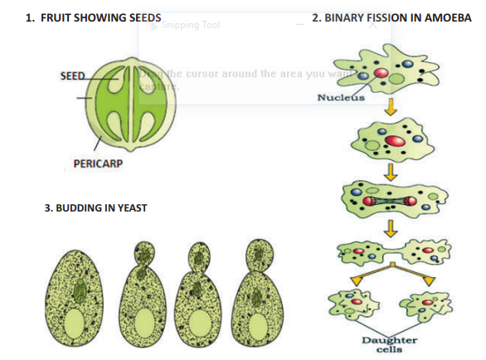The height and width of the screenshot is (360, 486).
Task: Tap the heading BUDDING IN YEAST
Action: [95, 207]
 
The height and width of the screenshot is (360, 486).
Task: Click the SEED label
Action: [72, 76]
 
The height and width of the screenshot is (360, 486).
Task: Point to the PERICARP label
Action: [92, 163]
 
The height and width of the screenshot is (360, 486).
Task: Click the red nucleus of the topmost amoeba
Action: [382, 74]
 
